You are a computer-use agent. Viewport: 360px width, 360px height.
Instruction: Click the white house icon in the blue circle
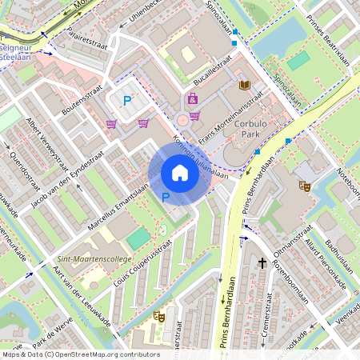coord(180,173)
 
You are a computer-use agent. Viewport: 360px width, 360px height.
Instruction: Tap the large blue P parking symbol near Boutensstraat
coord(127,100)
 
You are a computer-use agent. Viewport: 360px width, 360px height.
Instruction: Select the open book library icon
coord(245,85)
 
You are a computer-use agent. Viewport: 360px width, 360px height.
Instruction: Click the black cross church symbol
coord(262,262)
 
